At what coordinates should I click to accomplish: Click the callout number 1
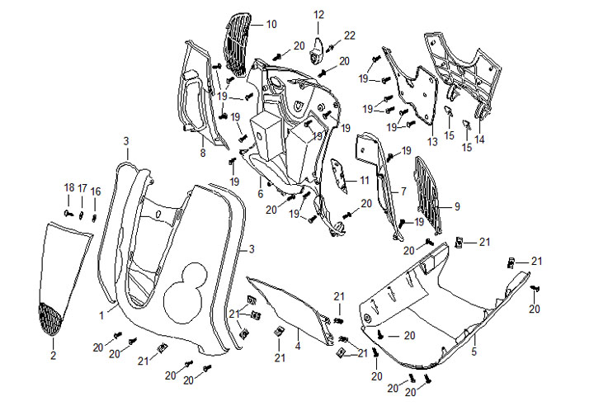[x=101, y=314]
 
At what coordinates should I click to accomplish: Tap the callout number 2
[x=53, y=356]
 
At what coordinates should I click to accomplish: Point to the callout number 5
[x=474, y=352]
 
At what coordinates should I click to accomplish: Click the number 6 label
[x=260, y=194]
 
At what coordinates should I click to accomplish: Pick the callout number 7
[x=403, y=191]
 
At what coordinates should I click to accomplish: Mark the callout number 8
[x=202, y=154]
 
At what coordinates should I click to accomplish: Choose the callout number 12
[x=318, y=14]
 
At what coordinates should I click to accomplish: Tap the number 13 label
[x=431, y=142]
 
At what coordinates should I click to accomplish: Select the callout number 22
[x=350, y=35]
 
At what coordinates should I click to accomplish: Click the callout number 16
[x=96, y=191]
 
